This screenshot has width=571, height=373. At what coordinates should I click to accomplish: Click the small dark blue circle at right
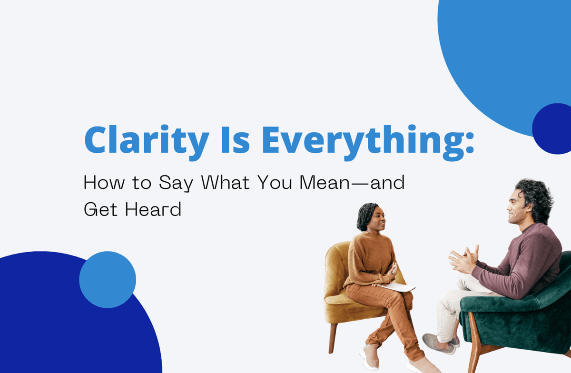[552, 128]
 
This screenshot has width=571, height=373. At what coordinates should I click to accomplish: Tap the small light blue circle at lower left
[108, 280]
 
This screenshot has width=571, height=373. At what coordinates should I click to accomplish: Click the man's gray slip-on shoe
[438, 344]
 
